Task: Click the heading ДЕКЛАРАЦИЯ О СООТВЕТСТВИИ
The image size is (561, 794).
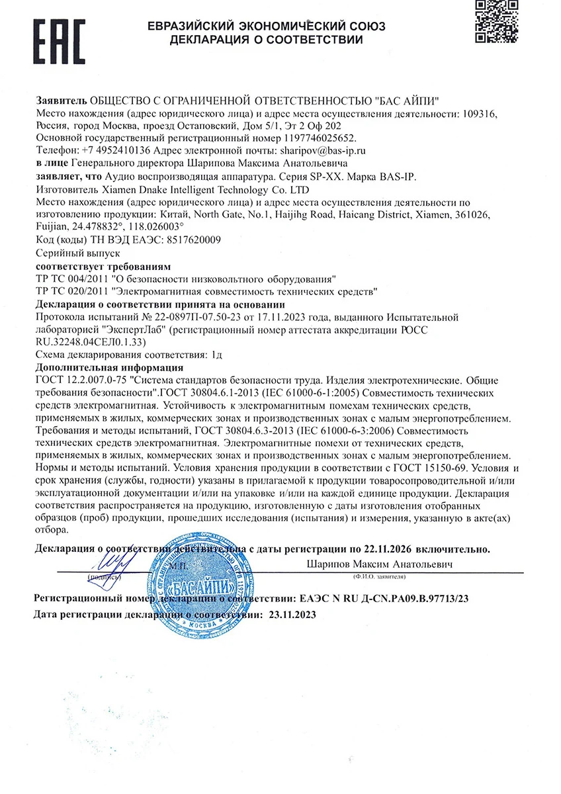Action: point(266,40)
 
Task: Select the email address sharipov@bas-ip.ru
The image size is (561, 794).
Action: point(324,151)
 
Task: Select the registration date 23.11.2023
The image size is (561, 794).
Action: point(293,614)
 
